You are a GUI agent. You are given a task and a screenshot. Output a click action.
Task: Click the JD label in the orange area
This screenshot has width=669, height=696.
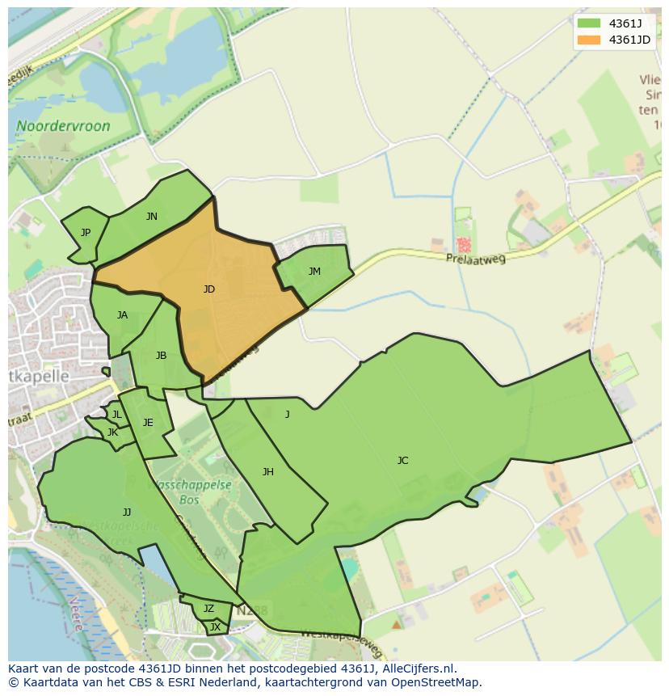(209, 289)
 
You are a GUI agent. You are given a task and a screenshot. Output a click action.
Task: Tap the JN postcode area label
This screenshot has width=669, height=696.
(151, 216)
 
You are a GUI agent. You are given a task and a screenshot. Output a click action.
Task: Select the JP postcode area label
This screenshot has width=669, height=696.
(86, 233)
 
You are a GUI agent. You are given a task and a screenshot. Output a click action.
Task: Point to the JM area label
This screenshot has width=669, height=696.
(314, 272)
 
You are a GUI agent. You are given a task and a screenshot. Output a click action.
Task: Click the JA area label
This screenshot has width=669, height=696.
(122, 315)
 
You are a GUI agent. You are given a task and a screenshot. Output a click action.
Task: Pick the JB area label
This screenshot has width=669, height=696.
(161, 356)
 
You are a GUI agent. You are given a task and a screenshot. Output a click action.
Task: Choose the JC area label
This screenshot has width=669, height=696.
(402, 461)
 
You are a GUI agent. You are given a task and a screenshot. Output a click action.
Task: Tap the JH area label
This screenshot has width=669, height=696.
(267, 472)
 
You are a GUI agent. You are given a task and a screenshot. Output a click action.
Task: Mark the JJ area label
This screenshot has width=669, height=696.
(127, 513)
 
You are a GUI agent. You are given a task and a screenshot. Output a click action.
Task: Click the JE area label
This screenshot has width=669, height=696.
(148, 423)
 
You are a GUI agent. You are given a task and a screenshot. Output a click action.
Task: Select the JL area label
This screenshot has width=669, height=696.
(116, 415)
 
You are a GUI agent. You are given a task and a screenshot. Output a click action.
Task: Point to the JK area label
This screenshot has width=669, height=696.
(112, 432)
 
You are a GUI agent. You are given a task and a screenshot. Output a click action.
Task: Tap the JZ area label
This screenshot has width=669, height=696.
(208, 609)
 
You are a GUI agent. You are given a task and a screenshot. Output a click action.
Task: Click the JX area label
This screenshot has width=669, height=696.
(215, 626)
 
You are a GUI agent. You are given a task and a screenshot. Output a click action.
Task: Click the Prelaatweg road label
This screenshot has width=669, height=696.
(475, 259)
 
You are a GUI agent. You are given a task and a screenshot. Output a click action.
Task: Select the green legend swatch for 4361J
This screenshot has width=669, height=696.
(589, 23)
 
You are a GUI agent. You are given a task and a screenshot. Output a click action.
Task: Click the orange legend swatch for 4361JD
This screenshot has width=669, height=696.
(589, 40)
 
